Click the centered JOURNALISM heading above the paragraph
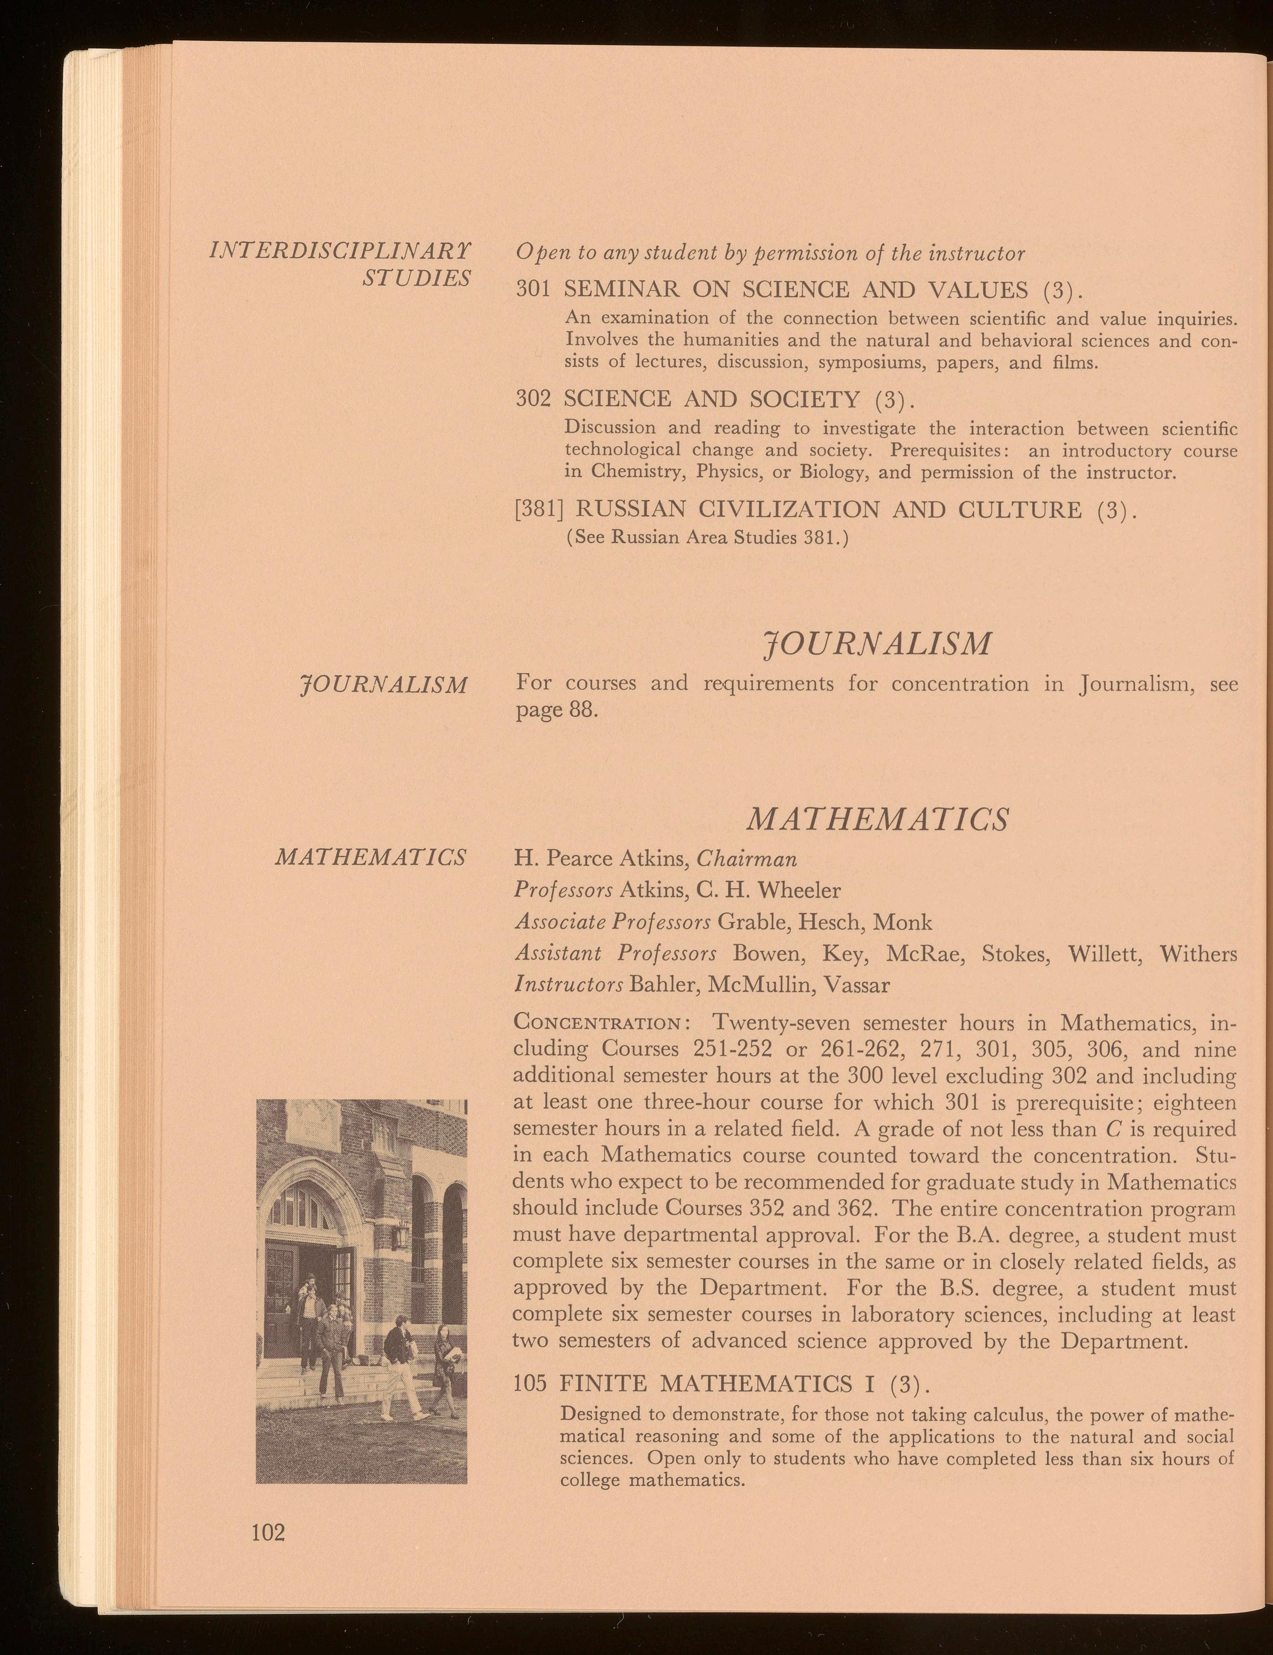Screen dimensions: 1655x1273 (878, 643)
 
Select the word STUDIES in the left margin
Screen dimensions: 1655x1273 (416, 278)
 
